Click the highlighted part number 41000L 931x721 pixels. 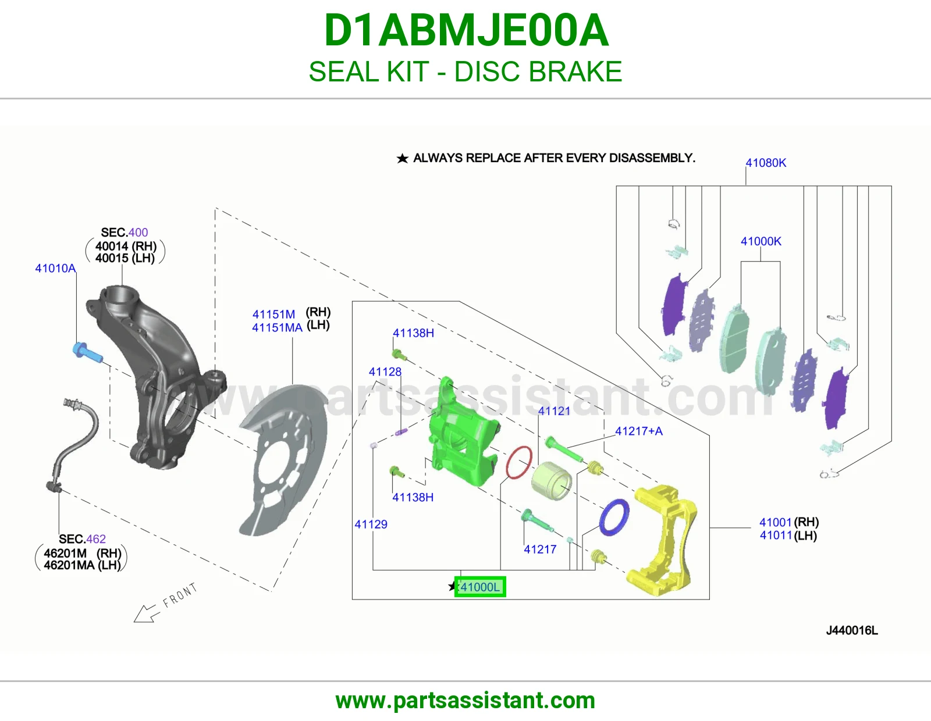coord(480,587)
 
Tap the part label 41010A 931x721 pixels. coord(55,269)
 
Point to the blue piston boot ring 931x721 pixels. coord(614,517)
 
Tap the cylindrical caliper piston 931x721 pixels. coord(551,481)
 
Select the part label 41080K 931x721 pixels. coord(766,163)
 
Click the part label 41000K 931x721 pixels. coord(761,241)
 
